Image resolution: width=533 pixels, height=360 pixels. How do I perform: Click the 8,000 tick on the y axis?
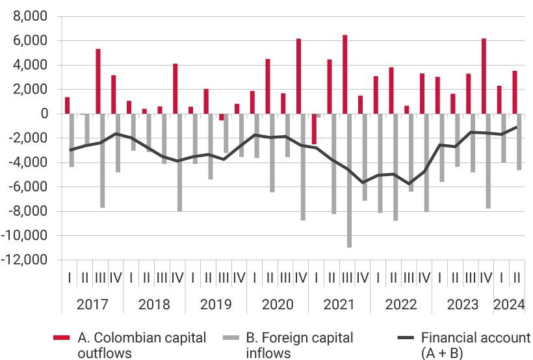click(x=31, y=16)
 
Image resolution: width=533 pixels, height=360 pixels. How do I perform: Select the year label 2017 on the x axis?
click(x=92, y=305)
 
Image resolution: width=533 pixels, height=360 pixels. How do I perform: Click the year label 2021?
click(x=339, y=305)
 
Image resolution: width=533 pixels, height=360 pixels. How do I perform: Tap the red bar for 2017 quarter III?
click(x=98, y=81)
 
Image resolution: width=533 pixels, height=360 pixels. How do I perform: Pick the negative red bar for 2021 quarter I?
click(x=314, y=129)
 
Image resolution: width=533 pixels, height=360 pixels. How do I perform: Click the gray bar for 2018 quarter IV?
click(x=179, y=162)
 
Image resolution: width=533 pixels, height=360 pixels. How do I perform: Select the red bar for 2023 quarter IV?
click(x=484, y=76)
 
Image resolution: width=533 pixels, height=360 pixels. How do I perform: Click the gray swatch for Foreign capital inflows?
click(x=231, y=338)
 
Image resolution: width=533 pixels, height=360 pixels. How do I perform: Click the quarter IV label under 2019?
click(x=239, y=277)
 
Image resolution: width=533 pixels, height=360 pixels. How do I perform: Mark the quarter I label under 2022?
click(x=378, y=277)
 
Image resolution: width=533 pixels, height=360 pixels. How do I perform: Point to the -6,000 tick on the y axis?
click(x=29, y=186)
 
